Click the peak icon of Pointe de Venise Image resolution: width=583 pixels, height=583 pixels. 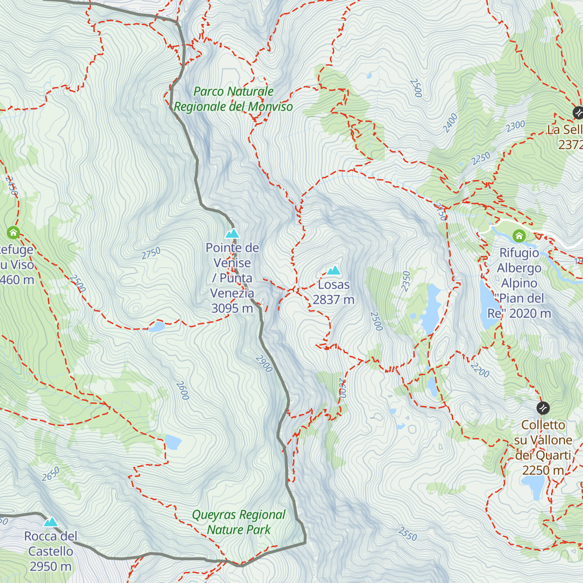click(232, 234)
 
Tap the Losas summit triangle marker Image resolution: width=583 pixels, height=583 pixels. click(333, 271)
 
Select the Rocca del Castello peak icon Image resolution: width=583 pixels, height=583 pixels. click(51, 522)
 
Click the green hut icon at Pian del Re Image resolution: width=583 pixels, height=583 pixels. click(519, 237)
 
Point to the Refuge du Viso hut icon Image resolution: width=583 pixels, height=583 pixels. click(13, 233)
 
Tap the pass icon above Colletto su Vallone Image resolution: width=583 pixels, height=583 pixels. click(543, 408)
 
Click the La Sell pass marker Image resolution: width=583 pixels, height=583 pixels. click(578, 113)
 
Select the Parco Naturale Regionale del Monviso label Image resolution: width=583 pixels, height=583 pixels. click(233, 99)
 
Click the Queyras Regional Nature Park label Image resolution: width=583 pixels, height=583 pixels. click(239, 522)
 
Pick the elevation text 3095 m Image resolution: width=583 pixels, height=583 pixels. click(232, 309)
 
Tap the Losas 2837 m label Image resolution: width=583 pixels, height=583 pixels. click(333, 292)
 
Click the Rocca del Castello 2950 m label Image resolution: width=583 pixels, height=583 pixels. click(51, 551)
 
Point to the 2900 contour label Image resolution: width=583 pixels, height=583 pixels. click(264, 363)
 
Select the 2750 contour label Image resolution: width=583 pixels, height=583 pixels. click(151, 254)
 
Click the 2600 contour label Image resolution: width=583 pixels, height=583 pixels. click(182, 391)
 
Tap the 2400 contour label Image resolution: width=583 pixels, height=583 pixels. click(450, 123)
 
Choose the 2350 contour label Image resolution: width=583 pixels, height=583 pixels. click(406, 281)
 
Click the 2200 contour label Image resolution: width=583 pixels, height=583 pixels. click(480, 370)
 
